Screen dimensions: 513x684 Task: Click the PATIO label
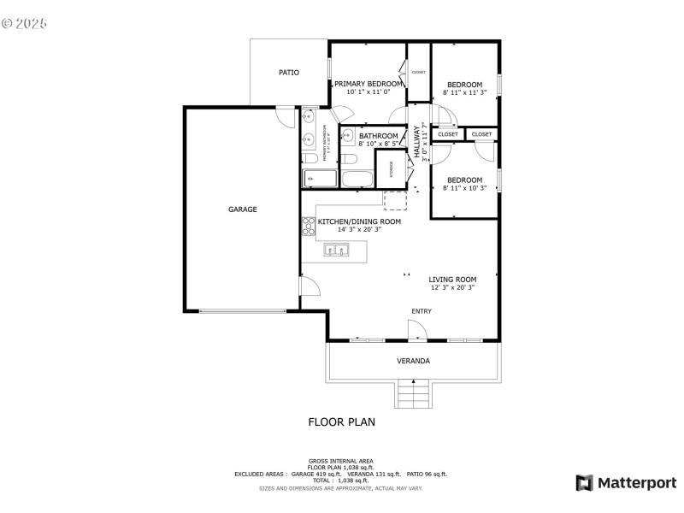point(289,73)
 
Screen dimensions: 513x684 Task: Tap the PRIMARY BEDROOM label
point(368,84)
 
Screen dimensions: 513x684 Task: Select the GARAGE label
point(242,209)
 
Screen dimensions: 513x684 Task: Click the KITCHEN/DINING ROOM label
point(359,221)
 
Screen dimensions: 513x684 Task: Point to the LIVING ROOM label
point(452,280)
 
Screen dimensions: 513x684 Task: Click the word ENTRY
point(422,311)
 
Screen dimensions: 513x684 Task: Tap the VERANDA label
point(413,361)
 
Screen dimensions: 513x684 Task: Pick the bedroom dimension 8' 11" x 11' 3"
point(464,92)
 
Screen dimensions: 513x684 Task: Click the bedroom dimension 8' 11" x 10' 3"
point(464,188)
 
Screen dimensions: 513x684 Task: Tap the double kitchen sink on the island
point(336,251)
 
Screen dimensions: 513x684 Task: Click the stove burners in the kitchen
point(308,227)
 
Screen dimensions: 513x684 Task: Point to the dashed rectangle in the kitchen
point(395,201)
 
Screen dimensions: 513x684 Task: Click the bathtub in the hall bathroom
point(357,180)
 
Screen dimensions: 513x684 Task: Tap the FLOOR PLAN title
point(341,422)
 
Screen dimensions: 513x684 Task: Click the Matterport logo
point(626,483)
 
